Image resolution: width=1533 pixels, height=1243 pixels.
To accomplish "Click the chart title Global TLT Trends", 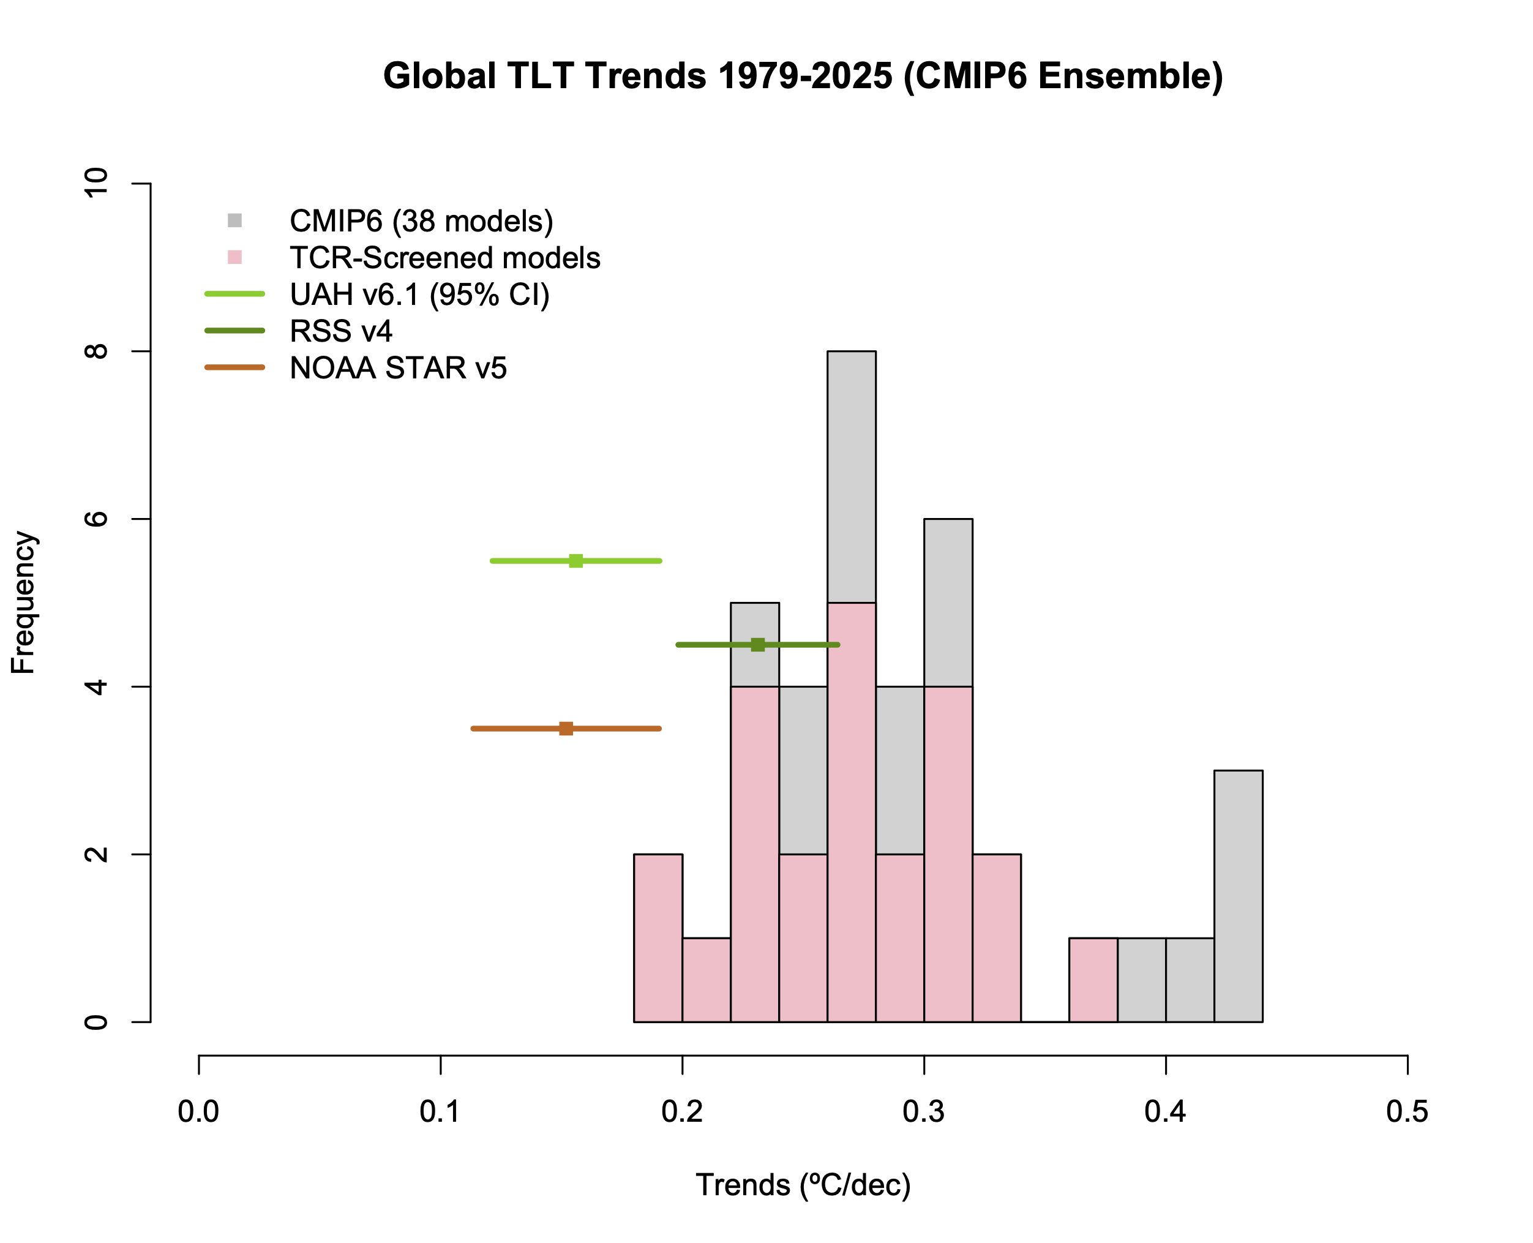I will click(802, 76).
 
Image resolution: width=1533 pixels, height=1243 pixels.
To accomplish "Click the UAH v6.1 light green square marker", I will click(575, 561).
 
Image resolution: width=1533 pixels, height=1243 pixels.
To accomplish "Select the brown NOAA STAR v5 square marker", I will click(566, 728).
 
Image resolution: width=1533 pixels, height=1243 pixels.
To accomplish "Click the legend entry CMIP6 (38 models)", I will click(421, 221).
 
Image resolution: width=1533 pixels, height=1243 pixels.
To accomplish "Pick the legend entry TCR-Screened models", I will click(444, 258).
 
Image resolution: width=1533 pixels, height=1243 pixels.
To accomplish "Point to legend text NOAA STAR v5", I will click(398, 368).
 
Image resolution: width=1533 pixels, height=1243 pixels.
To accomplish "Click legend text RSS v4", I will click(341, 331).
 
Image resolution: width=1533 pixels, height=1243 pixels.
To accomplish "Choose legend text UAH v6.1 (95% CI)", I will click(419, 295).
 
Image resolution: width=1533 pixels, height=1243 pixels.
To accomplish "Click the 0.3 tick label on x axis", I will click(924, 1111).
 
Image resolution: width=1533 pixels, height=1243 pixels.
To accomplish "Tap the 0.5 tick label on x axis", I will click(1407, 1111).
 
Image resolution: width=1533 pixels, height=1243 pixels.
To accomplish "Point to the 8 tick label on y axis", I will click(96, 351).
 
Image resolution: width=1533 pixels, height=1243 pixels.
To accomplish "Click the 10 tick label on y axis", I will click(96, 183).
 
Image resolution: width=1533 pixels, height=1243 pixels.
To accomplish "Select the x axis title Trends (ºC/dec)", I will click(803, 1185).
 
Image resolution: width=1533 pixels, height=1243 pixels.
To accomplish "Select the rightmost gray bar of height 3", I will click(1238, 895).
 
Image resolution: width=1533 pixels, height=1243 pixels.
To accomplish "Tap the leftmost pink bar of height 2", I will click(658, 937).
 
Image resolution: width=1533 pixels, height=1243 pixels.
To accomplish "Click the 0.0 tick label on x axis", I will click(198, 1111).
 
